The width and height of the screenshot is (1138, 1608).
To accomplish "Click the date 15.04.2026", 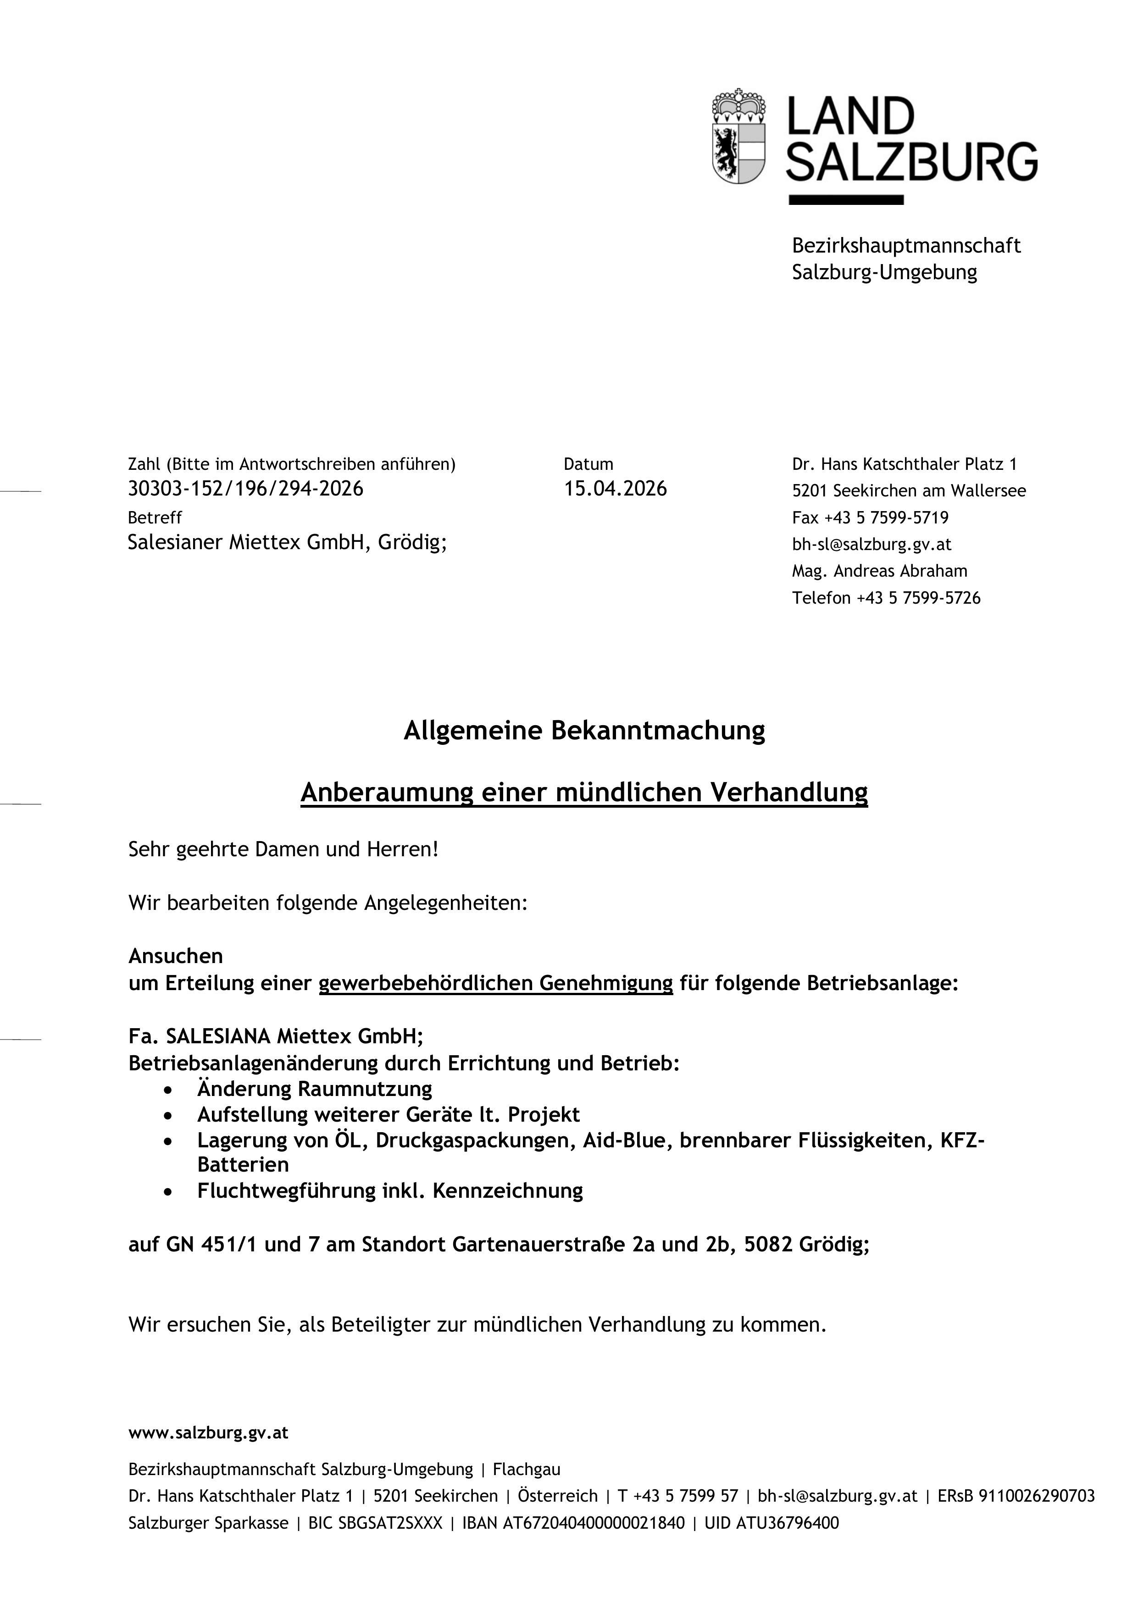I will pyautogui.click(x=615, y=489).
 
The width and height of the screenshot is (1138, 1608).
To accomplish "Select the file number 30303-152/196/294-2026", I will pyautogui.click(x=245, y=489).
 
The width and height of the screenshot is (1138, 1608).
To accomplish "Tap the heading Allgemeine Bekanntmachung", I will pyautogui.click(x=584, y=731).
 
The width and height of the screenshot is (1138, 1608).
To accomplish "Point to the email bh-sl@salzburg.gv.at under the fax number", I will pyautogui.click(x=871, y=544).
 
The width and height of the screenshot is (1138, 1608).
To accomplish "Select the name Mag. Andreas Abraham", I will pyautogui.click(x=879, y=571).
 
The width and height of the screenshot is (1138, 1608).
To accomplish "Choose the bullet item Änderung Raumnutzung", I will pyautogui.click(x=315, y=1089).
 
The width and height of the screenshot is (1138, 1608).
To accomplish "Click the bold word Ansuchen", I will pyautogui.click(x=175, y=956).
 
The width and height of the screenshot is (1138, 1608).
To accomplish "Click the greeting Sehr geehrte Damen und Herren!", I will pyautogui.click(x=283, y=849).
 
